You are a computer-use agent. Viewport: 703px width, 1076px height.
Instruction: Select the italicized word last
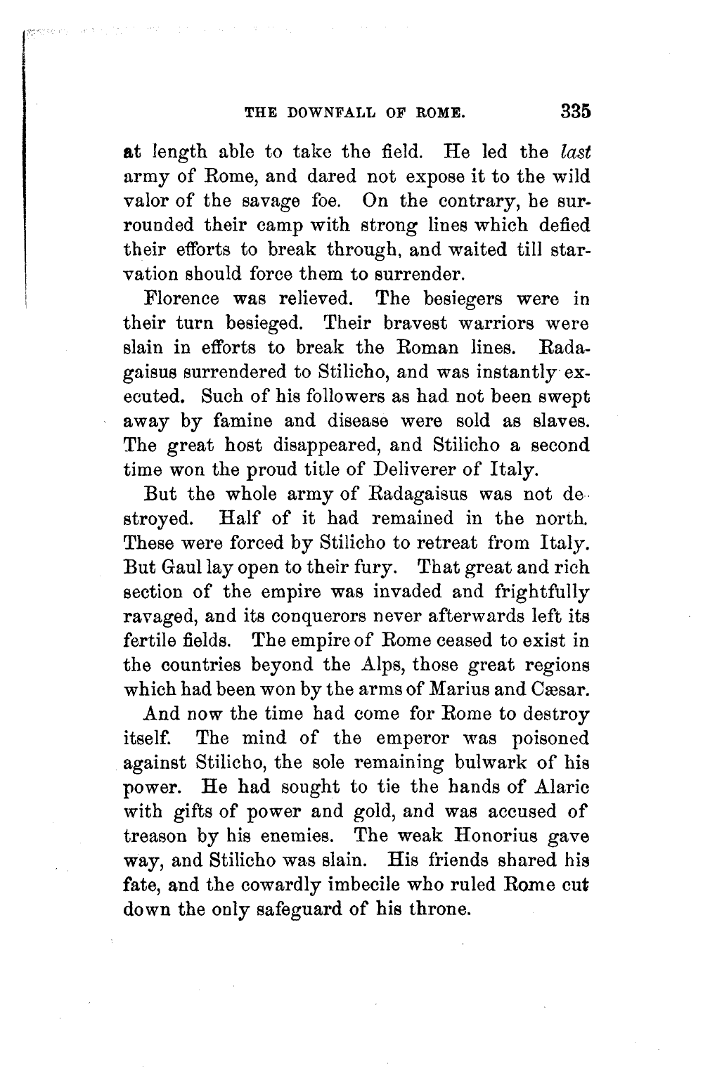point(574,151)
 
